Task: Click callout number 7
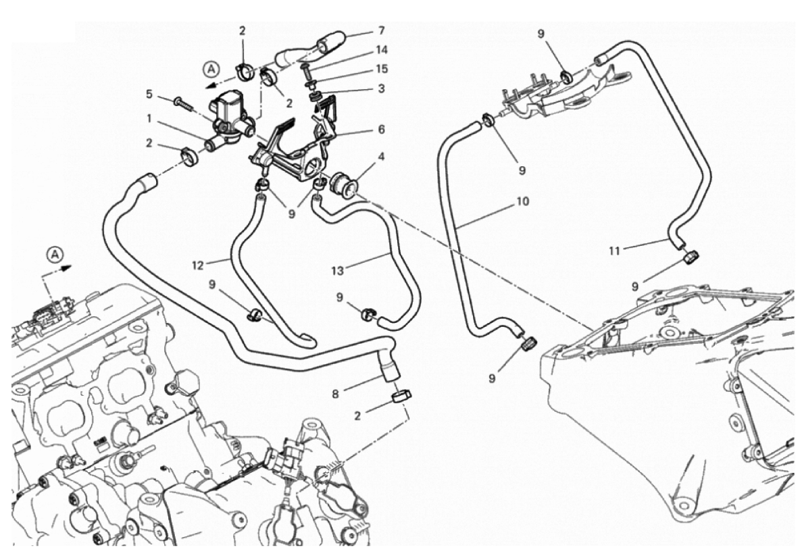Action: [x=382, y=30]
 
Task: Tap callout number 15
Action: [x=382, y=69]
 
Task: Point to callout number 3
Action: [x=382, y=88]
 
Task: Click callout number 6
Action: [x=382, y=128]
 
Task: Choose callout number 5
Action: [x=148, y=95]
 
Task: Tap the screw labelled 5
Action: [x=183, y=102]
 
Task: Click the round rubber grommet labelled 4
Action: [x=341, y=184]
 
